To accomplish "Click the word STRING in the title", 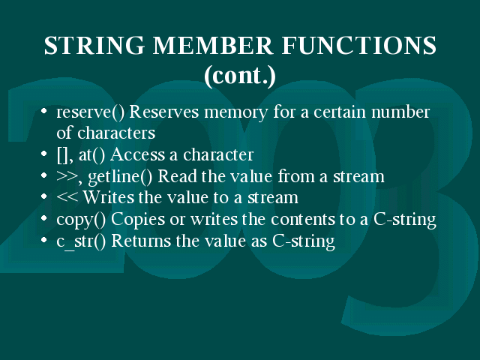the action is [94, 45].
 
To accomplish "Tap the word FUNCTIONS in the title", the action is [358, 45].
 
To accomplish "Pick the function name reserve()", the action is [90, 112].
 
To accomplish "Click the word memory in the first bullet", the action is [236, 112].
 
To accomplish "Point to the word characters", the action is [116, 133].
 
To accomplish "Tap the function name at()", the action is [91, 155].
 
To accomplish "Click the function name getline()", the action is [120, 177].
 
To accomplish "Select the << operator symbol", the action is [67, 198].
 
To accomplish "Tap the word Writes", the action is [108, 197].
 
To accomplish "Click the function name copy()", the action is [81, 220].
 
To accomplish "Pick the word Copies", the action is [138, 220].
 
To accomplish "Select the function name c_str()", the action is [81, 241].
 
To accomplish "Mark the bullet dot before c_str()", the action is [44, 240].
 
